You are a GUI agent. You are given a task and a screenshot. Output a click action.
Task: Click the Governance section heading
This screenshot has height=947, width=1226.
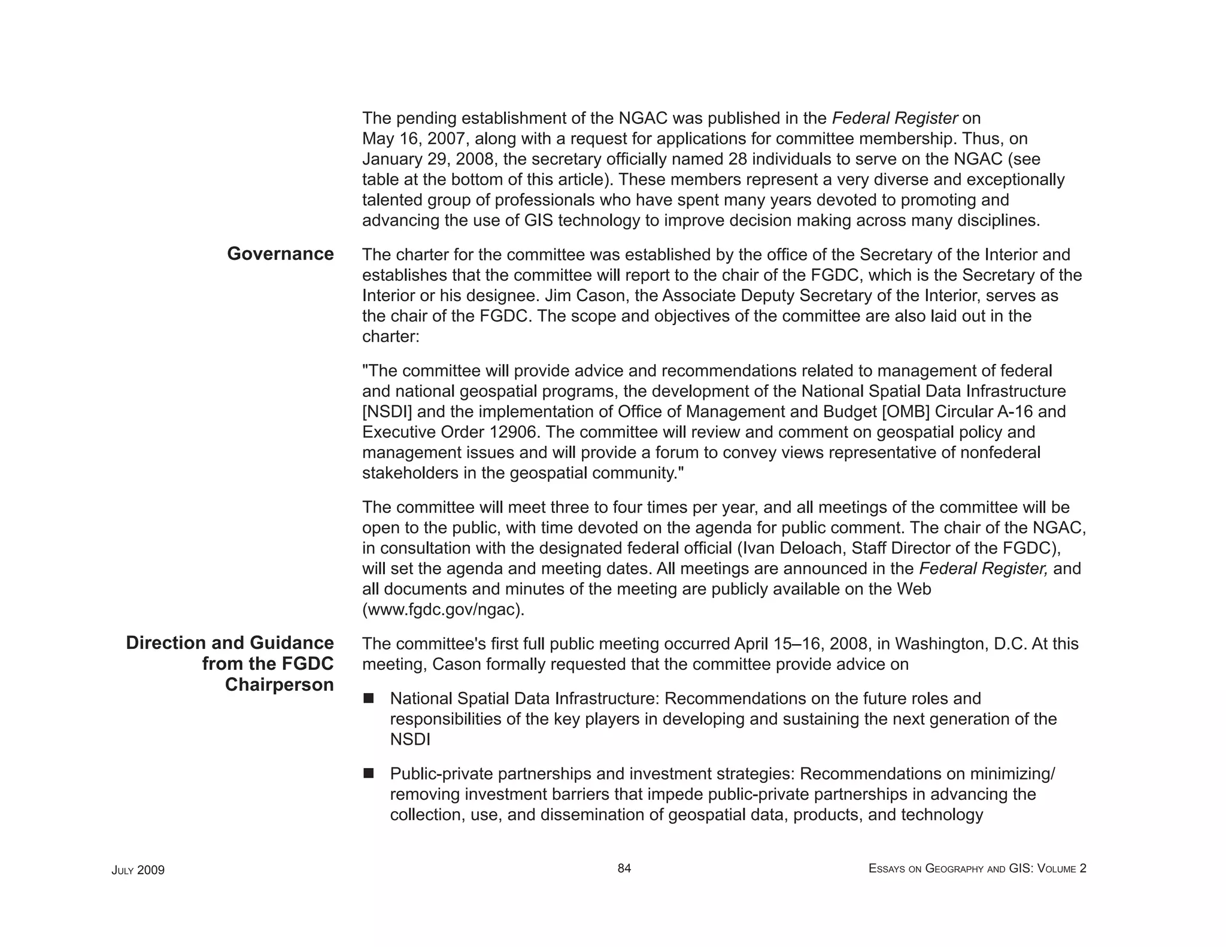280,254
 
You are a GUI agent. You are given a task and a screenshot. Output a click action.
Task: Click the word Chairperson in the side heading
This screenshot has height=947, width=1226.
279,685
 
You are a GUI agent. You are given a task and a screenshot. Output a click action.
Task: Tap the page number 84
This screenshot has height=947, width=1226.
624,869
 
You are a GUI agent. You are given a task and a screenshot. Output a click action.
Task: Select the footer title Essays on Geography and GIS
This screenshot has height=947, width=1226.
977,869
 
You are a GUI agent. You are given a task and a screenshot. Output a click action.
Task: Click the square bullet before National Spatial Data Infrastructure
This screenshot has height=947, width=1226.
368,698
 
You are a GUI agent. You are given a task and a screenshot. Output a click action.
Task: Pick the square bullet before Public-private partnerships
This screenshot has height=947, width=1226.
368,773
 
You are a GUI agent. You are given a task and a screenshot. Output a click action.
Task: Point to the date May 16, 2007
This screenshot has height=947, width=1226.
417,139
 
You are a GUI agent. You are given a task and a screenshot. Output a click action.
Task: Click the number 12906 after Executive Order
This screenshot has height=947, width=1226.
514,432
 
